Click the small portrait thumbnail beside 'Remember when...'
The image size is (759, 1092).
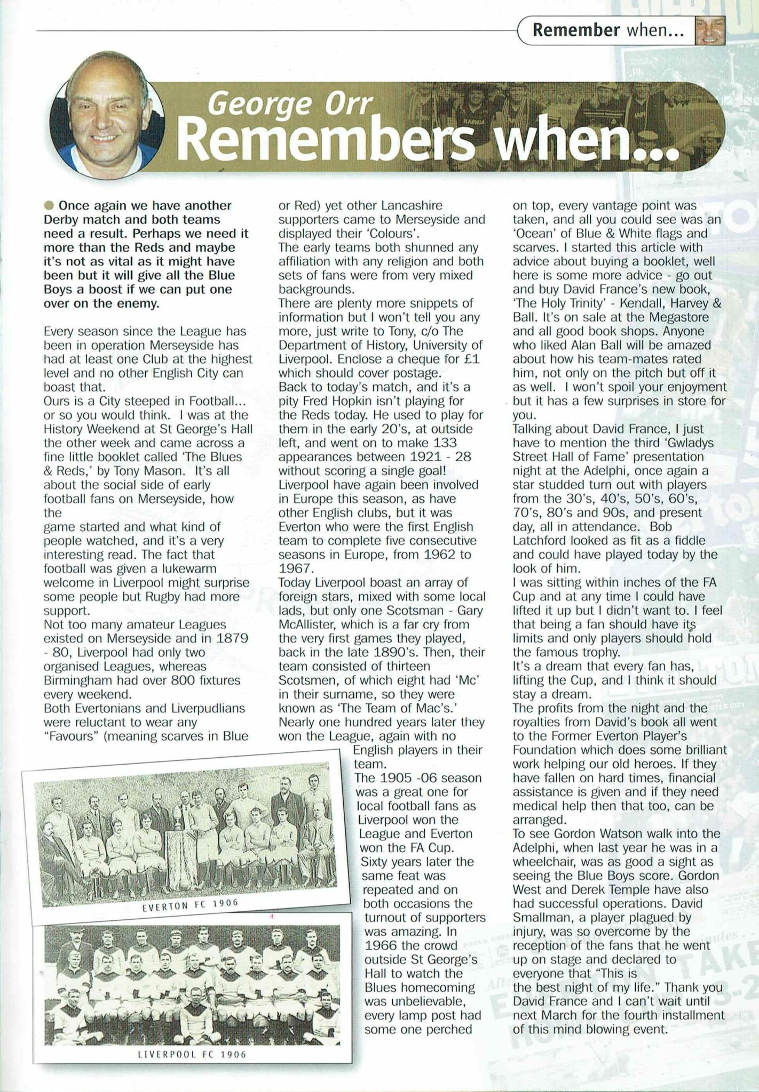tap(709, 30)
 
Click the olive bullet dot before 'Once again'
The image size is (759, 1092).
tap(50, 206)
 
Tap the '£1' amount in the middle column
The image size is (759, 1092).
tap(471, 359)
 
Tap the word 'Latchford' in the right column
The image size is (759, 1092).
tap(539, 541)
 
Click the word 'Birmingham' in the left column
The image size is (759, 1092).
tap(79, 680)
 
